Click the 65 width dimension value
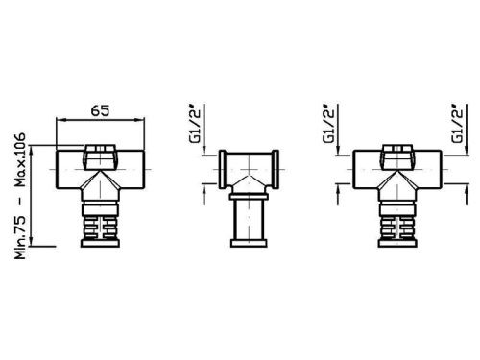(100, 110)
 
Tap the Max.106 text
(20, 159)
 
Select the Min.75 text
(20, 237)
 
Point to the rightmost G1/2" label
(459, 124)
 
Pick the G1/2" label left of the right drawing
(330, 124)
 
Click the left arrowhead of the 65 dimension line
(60, 120)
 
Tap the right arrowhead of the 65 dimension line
(140, 120)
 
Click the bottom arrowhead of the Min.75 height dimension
(31, 242)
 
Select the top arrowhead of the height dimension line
(31, 151)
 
